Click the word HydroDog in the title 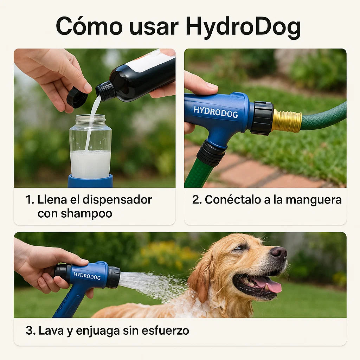click(x=243, y=27)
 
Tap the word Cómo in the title click(x=89, y=26)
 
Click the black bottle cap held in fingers click(x=77, y=98)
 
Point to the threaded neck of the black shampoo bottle click(x=105, y=91)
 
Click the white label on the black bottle click(x=152, y=60)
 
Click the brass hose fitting click(x=287, y=121)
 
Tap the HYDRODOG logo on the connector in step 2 click(x=216, y=112)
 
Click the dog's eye click(x=239, y=248)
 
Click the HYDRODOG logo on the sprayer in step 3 click(x=87, y=276)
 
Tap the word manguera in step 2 click(x=314, y=200)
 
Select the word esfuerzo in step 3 click(x=165, y=331)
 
